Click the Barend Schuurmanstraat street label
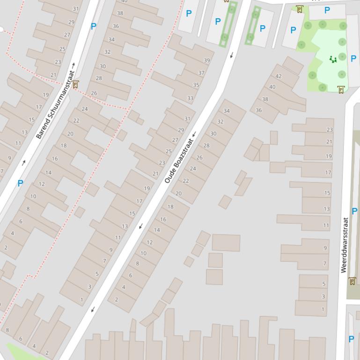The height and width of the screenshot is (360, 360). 55,104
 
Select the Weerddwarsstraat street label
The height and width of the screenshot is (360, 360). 345,245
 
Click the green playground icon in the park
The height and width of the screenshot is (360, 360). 333,59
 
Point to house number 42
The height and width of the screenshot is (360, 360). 279,76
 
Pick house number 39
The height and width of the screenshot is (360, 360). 206,60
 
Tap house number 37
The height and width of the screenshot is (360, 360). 201,73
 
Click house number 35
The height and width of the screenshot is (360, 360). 196,85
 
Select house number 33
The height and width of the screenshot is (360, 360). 190,98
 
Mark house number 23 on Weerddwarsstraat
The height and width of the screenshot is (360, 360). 330,130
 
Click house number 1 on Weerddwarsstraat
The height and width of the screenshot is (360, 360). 323,309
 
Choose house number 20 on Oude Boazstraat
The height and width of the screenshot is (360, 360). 178,193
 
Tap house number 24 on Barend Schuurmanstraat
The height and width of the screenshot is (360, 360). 85,109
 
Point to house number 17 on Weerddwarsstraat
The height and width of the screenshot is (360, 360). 328,173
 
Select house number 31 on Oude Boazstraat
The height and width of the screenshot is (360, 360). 187,119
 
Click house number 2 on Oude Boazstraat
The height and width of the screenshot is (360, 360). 117,300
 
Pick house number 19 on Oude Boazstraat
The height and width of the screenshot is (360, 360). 147,188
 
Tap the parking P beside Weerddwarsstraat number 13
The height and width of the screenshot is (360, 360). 354,211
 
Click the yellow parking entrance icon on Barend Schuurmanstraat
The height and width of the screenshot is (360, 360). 75,85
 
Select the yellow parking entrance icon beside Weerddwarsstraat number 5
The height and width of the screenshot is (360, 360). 353,281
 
